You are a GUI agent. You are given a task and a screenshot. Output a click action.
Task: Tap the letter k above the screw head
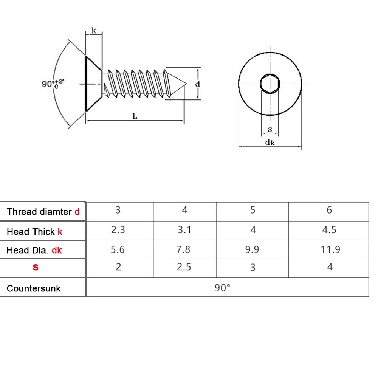[x=94, y=31]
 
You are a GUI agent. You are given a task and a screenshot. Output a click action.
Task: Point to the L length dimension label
[x=135, y=116]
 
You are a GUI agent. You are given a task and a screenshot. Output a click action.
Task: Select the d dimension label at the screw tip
[x=197, y=84]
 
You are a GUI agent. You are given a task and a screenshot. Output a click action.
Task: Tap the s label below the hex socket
[x=270, y=129]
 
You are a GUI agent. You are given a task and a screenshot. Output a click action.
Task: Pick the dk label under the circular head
[x=270, y=143]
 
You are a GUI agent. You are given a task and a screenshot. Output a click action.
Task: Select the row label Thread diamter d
[x=43, y=212]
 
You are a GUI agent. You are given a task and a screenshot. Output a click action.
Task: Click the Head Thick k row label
[x=34, y=232]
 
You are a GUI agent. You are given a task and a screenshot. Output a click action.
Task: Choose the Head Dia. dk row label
[x=34, y=250]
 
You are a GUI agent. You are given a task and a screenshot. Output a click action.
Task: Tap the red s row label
[x=36, y=268]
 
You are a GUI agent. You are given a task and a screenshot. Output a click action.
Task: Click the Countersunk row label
[x=34, y=288]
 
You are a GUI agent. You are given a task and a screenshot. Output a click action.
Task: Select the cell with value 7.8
[x=184, y=249]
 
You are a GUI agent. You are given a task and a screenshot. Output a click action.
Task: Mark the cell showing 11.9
[x=329, y=249]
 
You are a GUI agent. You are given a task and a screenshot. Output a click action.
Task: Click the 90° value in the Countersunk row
[x=223, y=288]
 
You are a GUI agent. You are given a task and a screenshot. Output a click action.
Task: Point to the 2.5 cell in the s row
[x=184, y=267]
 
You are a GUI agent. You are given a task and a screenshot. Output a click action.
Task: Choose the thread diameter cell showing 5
[x=253, y=210]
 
